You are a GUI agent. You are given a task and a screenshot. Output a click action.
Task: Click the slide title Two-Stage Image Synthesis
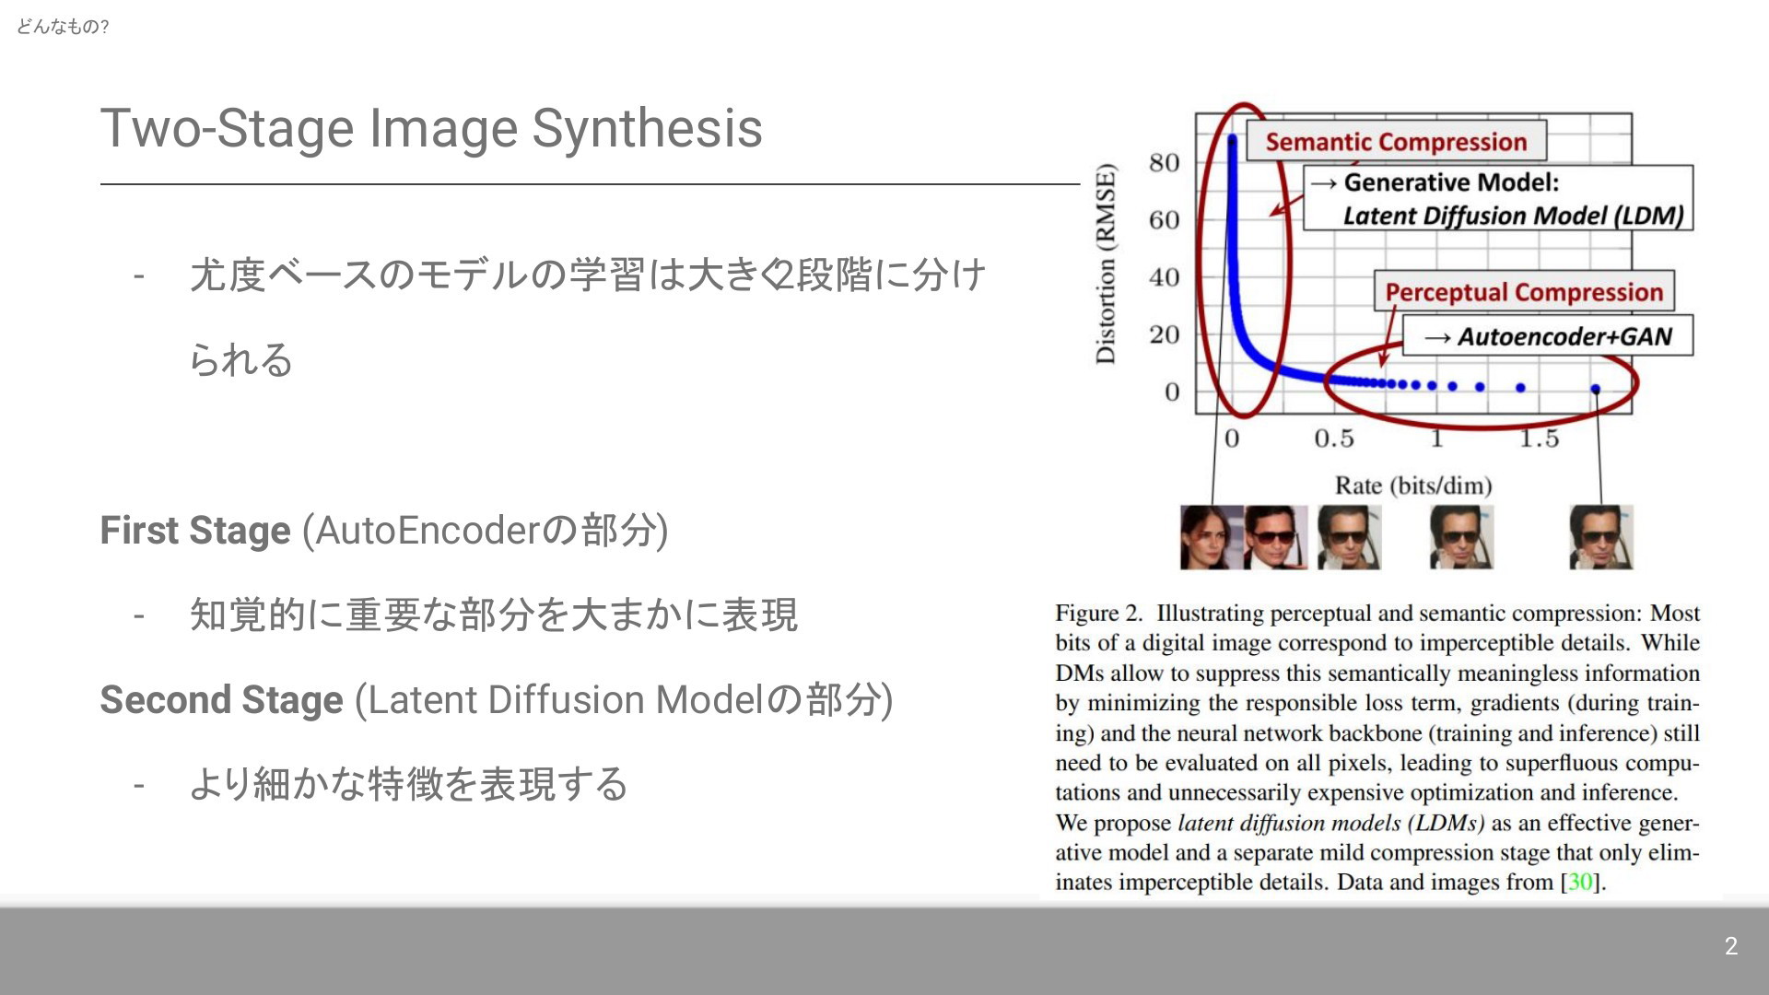click(x=431, y=128)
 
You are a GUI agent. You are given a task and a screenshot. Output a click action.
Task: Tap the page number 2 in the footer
click(x=1731, y=946)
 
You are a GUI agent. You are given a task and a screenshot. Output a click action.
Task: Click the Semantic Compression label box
click(x=1396, y=142)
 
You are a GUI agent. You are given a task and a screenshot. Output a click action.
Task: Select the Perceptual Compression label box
click(x=1524, y=292)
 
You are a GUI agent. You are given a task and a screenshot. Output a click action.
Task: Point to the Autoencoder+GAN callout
click(x=1548, y=336)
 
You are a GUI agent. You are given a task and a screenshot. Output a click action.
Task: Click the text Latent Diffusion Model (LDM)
click(x=1514, y=216)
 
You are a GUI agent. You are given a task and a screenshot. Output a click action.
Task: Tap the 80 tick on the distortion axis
click(x=1165, y=163)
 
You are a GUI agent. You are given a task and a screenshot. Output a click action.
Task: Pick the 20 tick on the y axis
click(x=1165, y=334)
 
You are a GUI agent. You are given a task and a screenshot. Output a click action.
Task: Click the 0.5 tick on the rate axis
click(x=1334, y=439)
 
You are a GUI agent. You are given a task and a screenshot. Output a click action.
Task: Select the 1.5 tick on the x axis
click(x=1540, y=439)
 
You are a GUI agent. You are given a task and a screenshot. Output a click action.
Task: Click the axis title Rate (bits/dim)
click(x=1413, y=486)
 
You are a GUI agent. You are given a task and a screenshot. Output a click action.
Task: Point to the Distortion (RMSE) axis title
click(x=1106, y=263)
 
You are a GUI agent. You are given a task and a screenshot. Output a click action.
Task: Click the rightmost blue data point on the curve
click(x=1596, y=390)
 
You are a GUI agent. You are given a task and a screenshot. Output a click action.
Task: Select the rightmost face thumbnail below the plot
click(x=1601, y=537)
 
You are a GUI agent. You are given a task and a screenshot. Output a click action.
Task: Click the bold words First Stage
click(x=195, y=531)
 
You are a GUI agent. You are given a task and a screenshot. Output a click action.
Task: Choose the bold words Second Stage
click(x=221, y=700)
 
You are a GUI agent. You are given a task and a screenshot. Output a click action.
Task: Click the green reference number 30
click(x=1580, y=883)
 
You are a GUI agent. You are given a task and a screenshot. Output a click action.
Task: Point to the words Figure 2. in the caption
click(x=1099, y=614)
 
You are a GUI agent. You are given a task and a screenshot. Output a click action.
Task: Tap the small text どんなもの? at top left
click(x=63, y=27)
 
